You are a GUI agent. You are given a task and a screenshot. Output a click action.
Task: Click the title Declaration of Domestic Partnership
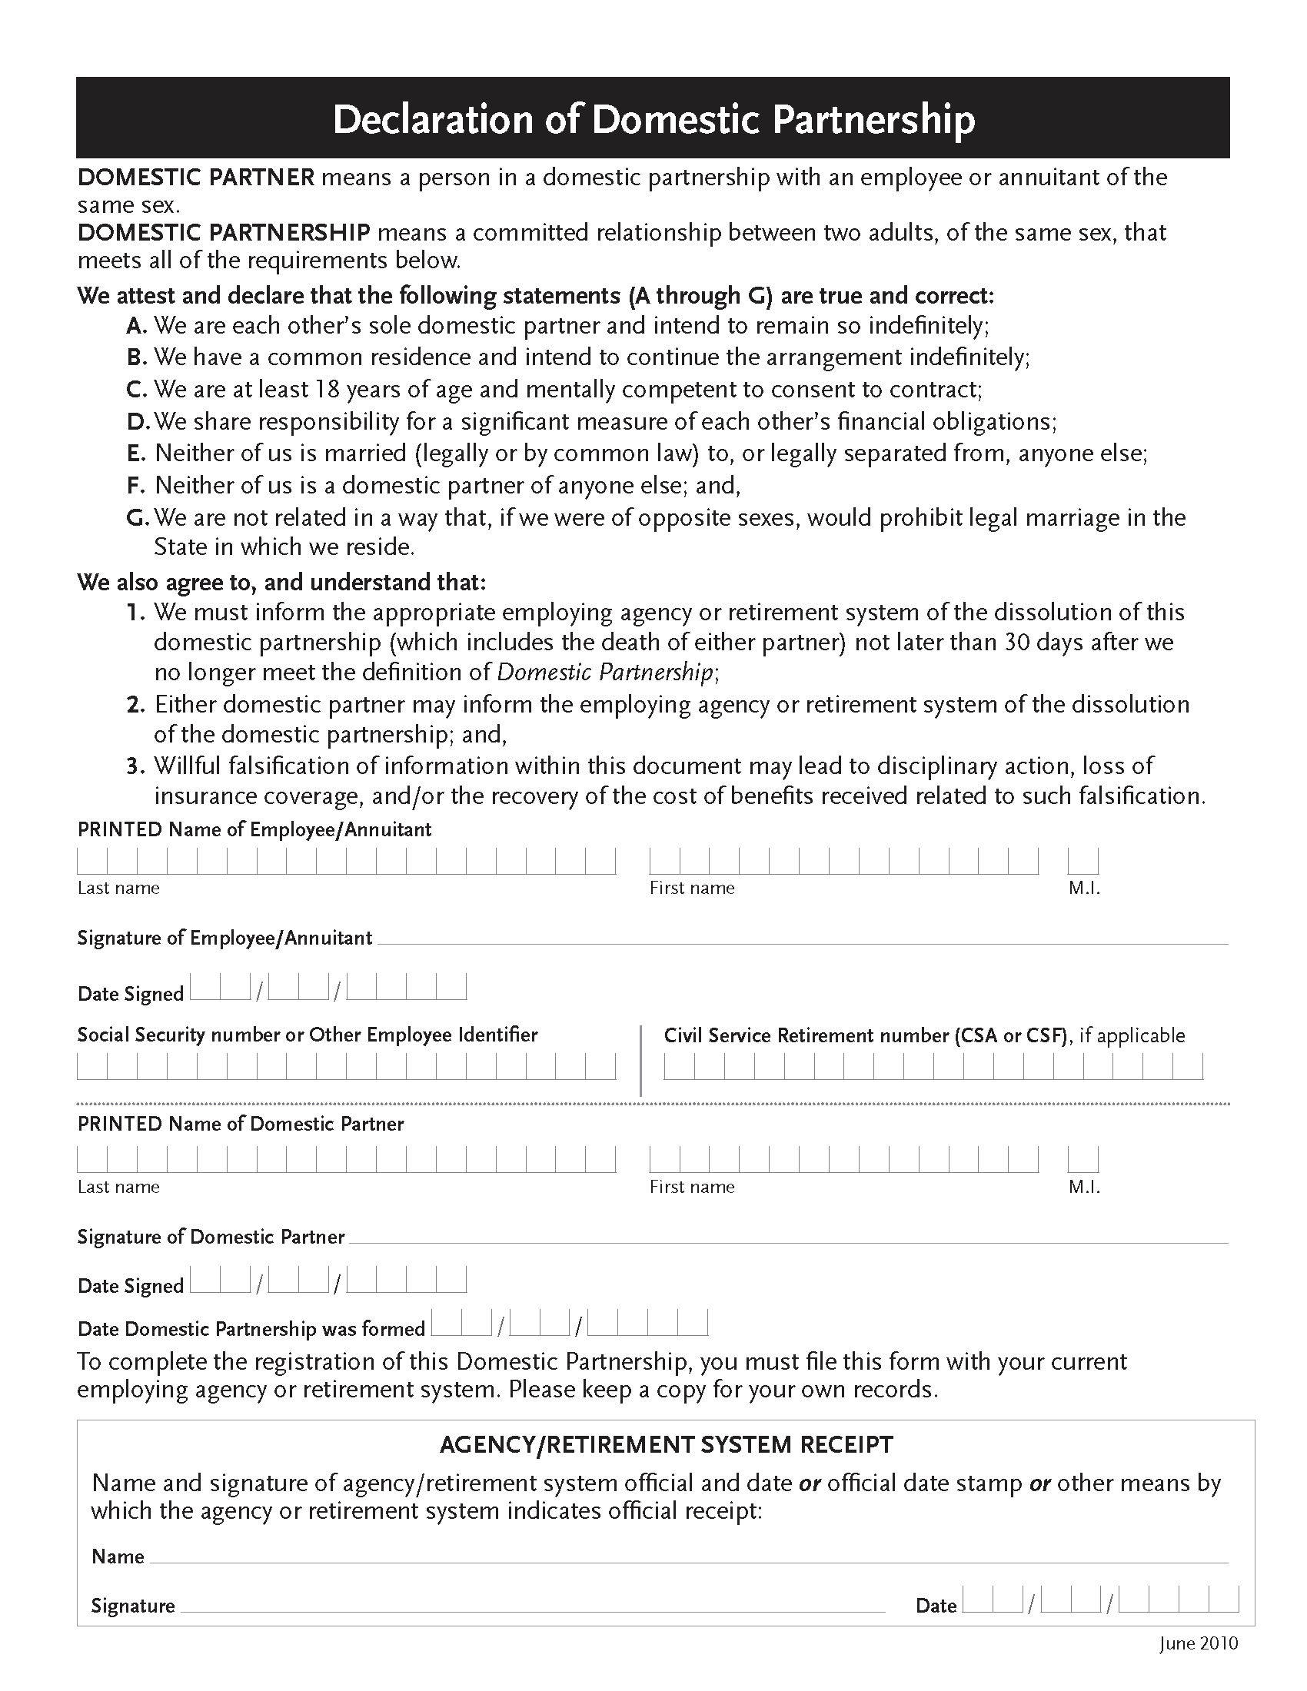coord(653,120)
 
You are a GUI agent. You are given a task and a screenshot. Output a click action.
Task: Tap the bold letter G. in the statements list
coord(137,517)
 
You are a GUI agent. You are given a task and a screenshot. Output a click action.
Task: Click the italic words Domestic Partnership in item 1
coord(604,672)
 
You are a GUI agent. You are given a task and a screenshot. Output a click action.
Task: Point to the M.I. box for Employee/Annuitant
coord(1083,861)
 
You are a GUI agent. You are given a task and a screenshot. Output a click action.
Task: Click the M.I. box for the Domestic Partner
coord(1083,1160)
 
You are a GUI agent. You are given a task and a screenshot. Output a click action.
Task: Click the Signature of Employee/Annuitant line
coord(801,939)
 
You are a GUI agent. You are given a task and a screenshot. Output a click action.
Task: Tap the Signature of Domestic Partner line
coord(787,1238)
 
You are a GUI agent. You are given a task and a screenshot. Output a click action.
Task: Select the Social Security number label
coord(307,1035)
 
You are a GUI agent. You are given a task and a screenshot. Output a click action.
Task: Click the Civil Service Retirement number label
coord(866,1036)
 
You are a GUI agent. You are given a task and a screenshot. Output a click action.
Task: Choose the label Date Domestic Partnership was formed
coord(251,1330)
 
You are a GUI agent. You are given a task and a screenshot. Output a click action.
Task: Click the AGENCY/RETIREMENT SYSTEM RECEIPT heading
coord(666,1445)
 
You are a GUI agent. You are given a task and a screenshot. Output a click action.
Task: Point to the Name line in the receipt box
coord(687,1557)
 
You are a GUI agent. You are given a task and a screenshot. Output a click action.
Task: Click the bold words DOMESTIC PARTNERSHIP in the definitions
coord(224,233)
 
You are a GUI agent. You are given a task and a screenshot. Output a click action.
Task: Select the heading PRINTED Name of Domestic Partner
coord(240,1125)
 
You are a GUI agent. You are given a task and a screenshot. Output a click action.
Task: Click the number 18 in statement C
coord(326,390)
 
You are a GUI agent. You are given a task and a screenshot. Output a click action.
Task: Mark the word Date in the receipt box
coord(936,1606)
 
